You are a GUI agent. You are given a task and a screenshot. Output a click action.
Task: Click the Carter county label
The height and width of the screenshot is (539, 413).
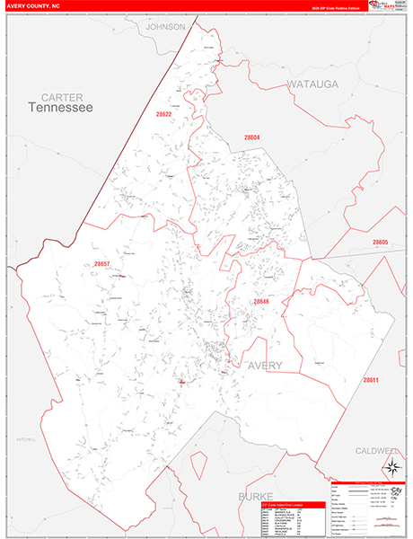click(61, 96)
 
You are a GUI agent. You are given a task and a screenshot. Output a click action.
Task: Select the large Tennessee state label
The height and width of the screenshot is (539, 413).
click(60, 108)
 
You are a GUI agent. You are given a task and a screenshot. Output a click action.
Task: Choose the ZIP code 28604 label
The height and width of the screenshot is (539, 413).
click(251, 137)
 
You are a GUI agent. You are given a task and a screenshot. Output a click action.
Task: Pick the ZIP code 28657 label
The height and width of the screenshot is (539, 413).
click(101, 264)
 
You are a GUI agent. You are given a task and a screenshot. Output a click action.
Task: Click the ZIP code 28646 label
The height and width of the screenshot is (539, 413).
click(260, 302)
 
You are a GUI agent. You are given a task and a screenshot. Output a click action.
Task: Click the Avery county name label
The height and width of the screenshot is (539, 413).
click(265, 366)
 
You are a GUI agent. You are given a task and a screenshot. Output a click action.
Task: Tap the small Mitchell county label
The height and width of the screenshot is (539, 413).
click(24, 440)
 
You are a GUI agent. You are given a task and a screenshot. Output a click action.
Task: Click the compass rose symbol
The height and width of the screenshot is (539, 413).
click(392, 466)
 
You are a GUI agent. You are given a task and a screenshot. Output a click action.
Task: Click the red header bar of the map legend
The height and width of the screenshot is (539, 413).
click(367, 482)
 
